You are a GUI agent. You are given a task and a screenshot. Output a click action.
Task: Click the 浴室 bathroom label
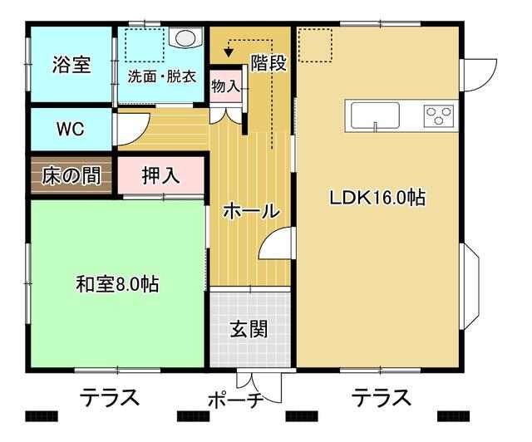pos(71,65)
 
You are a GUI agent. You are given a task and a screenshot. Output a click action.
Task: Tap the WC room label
pos(70,129)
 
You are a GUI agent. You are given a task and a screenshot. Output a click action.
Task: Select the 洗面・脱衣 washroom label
pos(162,76)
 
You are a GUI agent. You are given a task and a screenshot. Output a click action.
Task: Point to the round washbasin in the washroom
pos(185,37)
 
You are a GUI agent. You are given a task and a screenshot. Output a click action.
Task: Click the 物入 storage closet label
pos(226,86)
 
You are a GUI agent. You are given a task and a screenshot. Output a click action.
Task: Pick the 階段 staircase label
pos(268,62)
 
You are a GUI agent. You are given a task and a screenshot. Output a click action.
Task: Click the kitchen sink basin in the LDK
pos(375,115)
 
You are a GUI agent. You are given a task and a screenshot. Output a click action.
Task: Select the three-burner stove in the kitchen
pos(439,115)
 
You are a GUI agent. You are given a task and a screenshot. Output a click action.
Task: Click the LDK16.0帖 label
pos(377,198)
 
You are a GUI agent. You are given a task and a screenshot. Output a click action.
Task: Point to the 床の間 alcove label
pos(71,175)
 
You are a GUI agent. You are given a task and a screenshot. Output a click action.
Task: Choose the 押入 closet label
pos(160,175)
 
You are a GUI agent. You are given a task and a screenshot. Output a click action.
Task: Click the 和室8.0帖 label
pos(117,284)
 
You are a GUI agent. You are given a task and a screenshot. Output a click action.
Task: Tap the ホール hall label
pos(251,211)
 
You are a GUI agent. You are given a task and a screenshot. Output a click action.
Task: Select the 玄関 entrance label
pos(249,329)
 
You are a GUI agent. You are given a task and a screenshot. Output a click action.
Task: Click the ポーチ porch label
pos(236,400)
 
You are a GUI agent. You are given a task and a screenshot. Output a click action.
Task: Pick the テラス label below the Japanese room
pos(110,397)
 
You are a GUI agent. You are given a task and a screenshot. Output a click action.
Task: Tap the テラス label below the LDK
pos(382,397)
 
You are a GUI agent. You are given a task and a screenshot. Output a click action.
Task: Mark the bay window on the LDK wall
pos(470,286)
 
